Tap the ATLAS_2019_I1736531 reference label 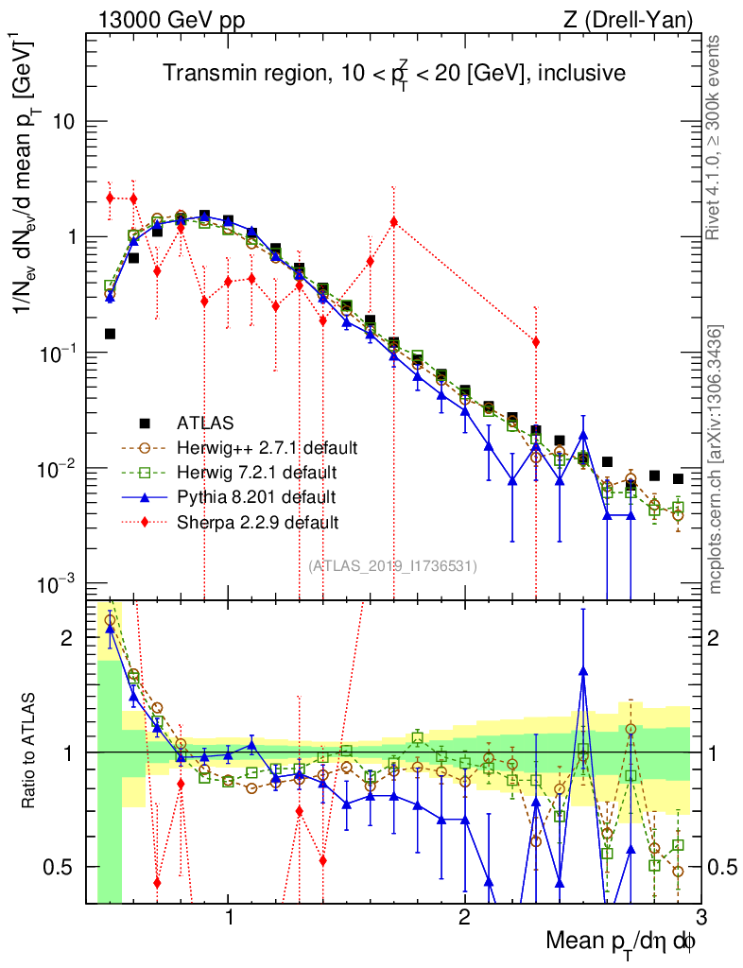[392, 566]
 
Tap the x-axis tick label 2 [464, 917]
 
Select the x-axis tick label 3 [700, 917]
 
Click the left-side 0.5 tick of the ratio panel [62, 867]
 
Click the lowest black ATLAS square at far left [110, 334]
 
